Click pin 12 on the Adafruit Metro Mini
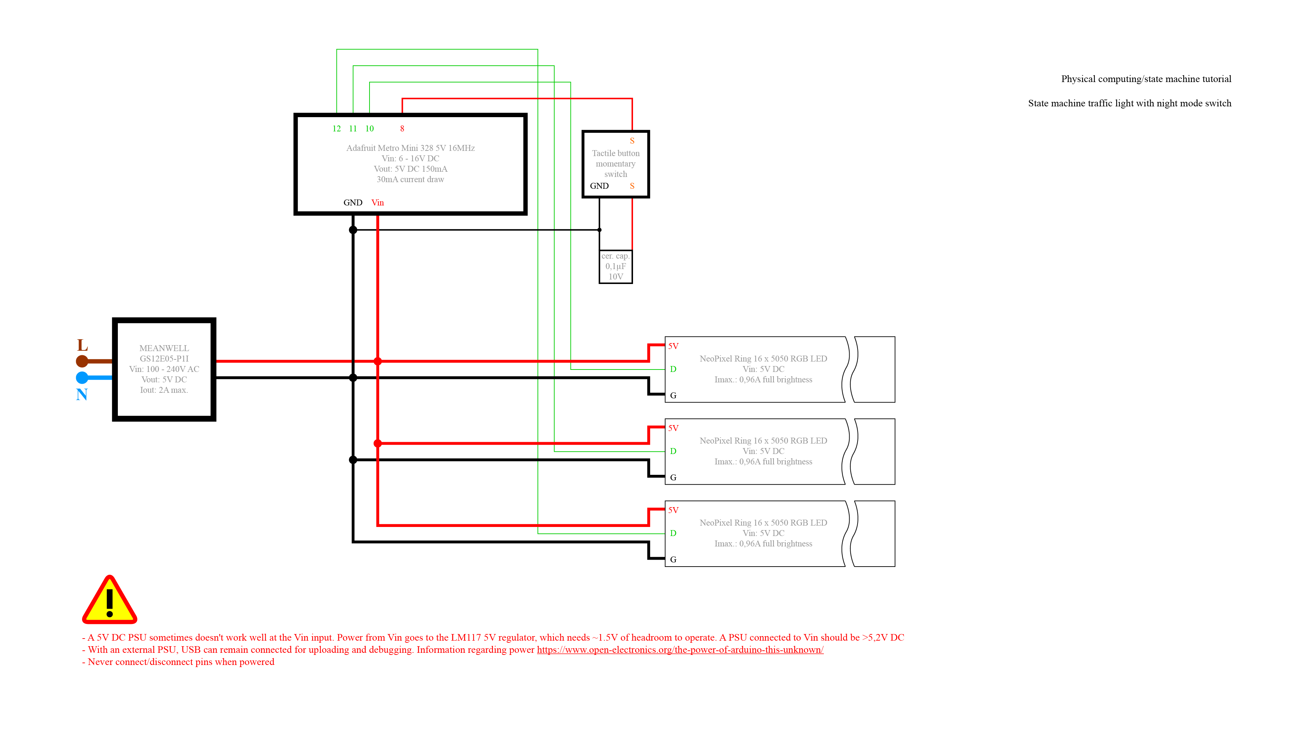click(x=336, y=129)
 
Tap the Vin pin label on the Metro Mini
click(x=378, y=202)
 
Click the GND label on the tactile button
click(x=599, y=186)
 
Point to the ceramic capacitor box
click(x=615, y=267)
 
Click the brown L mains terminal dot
click(x=82, y=361)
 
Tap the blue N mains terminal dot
click(x=82, y=377)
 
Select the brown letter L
click(x=82, y=345)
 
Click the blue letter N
click(x=82, y=394)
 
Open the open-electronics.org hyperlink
click(x=680, y=649)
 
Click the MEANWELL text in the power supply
click(x=164, y=348)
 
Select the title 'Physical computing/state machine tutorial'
click(x=1146, y=79)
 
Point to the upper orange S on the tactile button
click(x=632, y=141)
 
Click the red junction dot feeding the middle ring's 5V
click(x=378, y=443)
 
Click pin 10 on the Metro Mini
click(x=369, y=129)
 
